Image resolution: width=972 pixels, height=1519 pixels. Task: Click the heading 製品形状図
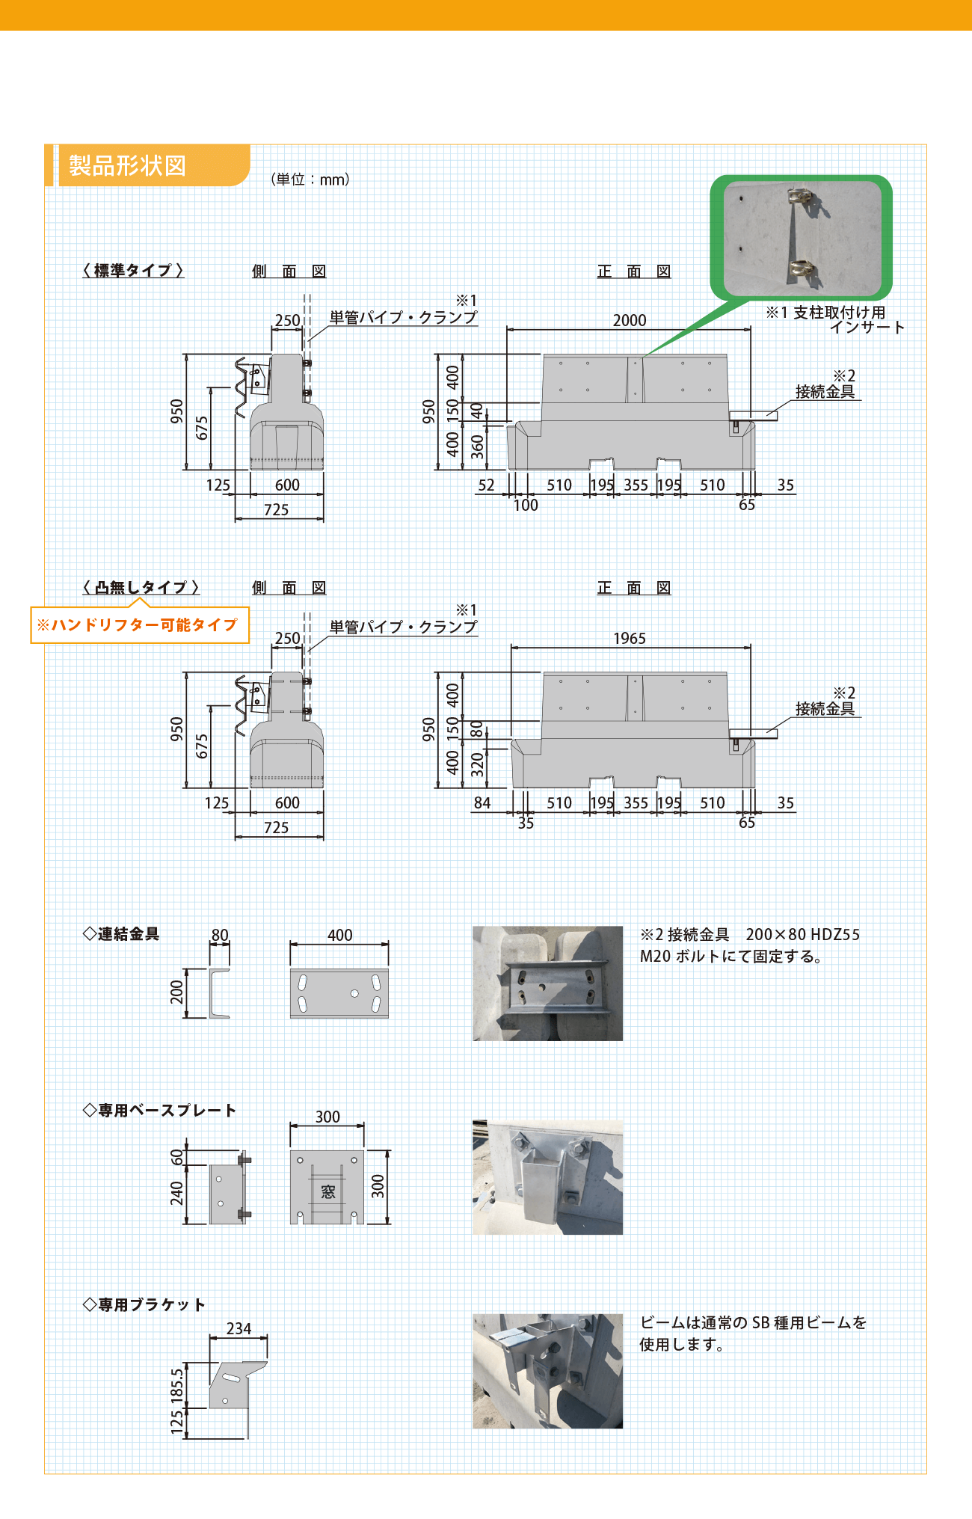[x=127, y=165]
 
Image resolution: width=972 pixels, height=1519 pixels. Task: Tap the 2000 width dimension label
[x=630, y=320]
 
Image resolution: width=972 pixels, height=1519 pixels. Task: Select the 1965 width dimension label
[x=630, y=638]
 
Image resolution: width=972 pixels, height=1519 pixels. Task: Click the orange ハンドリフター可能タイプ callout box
[x=139, y=625]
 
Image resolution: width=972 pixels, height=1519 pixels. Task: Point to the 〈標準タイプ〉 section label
[x=133, y=270]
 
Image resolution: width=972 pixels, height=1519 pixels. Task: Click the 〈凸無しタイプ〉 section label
[x=141, y=587]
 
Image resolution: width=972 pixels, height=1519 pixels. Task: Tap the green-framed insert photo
[x=802, y=238]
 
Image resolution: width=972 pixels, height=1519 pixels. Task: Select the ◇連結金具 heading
[x=121, y=933]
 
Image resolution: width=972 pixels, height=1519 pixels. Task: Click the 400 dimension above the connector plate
[x=339, y=935]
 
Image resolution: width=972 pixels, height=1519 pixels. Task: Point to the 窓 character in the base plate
[x=328, y=1191]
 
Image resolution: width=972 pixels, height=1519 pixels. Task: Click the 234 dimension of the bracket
[x=239, y=1328]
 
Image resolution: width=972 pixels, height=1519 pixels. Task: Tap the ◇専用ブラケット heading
[x=144, y=1304]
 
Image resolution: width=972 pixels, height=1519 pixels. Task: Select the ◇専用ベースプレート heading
[x=159, y=1110]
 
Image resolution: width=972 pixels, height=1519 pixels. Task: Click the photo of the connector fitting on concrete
[x=547, y=983]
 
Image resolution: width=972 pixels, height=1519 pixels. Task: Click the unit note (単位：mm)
[x=310, y=179]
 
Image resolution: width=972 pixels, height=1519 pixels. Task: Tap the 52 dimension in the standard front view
[x=486, y=485]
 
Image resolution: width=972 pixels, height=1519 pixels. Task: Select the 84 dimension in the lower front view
[x=482, y=803]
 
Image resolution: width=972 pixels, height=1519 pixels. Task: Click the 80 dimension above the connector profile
[x=220, y=935]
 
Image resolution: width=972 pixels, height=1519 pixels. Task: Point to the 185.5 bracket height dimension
[x=177, y=1384]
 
